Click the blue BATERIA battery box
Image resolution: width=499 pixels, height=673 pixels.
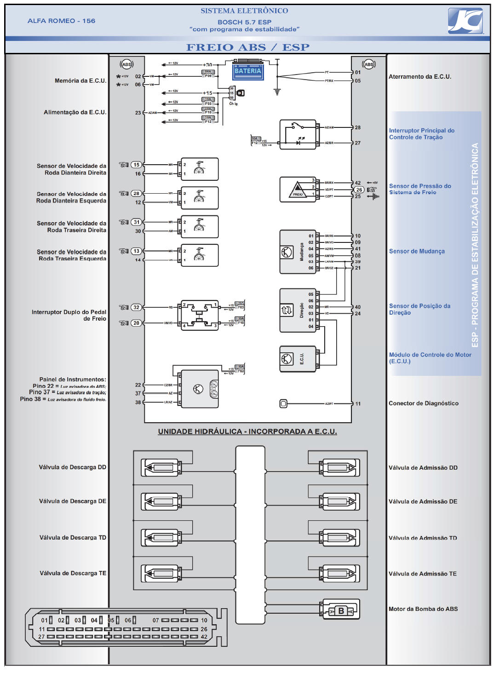(x=248, y=71)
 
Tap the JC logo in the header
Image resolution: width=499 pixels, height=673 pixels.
(x=465, y=21)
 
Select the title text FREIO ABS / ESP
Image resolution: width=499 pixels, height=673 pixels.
(x=247, y=47)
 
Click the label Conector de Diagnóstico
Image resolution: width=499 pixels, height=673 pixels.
(x=423, y=403)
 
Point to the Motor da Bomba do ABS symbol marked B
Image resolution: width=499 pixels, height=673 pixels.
(x=341, y=610)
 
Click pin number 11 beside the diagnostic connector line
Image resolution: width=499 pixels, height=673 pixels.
(x=358, y=404)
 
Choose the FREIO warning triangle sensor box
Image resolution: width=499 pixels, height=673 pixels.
(x=298, y=190)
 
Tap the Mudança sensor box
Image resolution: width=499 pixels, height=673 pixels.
(x=298, y=252)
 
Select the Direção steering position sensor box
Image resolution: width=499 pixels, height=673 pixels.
(x=298, y=311)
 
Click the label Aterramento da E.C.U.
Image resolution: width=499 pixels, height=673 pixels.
(x=419, y=77)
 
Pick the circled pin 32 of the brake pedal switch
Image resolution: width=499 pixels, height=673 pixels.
(x=136, y=307)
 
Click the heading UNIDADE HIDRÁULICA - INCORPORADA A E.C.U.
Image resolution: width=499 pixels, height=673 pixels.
(x=247, y=431)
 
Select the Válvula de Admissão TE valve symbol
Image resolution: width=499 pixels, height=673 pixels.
(x=340, y=574)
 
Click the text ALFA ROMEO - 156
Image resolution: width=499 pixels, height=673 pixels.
(x=61, y=21)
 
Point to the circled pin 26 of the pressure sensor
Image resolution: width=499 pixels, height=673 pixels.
(x=359, y=190)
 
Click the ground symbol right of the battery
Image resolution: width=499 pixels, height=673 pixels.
(x=277, y=92)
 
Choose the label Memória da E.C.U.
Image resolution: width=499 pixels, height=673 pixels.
(x=80, y=81)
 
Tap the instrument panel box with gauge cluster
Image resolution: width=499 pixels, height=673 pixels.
(x=200, y=389)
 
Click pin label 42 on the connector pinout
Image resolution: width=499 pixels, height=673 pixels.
(x=204, y=637)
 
